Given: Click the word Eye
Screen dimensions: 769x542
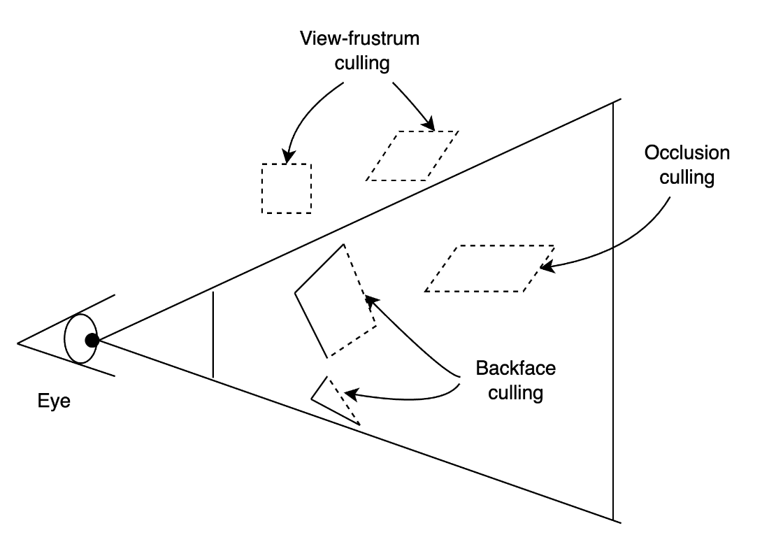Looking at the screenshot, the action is (54, 401).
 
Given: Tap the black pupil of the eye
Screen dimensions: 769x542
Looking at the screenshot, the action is (92, 341).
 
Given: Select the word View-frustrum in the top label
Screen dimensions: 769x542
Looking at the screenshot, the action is (359, 38).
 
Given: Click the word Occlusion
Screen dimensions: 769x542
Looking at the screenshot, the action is (687, 152).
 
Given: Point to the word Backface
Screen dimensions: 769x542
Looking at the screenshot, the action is (515, 369).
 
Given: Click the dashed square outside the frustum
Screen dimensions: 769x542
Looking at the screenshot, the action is (287, 188).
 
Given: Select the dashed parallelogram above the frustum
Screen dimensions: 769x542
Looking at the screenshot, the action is (412, 156).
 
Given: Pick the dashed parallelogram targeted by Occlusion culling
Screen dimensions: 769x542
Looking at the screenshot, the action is (489, 269).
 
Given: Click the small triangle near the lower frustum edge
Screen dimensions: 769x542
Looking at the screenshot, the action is (336, 400).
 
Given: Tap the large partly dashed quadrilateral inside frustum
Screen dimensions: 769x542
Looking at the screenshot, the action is (336, 301).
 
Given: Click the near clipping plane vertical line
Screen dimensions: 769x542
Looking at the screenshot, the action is (213, 334).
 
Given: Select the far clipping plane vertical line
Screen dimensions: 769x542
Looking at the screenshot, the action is (613, 311).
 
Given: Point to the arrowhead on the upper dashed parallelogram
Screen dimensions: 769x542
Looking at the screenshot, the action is (429, 124).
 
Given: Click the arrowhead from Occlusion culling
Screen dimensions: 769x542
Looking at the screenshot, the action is (547, 267).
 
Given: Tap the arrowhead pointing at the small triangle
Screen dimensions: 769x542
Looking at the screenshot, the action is (351, 393).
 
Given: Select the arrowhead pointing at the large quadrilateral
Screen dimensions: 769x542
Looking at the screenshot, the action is (372, 301).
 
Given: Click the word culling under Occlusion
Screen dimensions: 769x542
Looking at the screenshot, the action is (687, 178).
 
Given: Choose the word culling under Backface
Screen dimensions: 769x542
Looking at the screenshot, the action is (515, 393).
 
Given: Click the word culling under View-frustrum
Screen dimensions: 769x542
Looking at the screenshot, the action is (362, 64).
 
